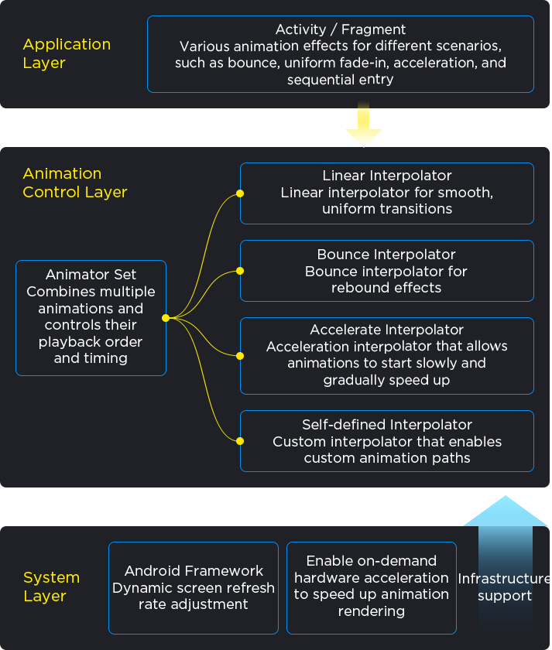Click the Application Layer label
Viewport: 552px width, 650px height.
pyautogui.click(x=67, y=53)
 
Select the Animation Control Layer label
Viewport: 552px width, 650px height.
pyautogui.click(x=75, y=183)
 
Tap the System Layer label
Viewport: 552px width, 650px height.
pyautogui.click(x=51, y=587)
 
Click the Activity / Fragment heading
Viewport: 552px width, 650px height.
pyautogui.click(x=341, y=29)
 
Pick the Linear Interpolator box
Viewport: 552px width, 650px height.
pyautogui.click(x=387, y=193)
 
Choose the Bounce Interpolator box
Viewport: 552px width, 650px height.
pyautogui.click(x=387, y=271)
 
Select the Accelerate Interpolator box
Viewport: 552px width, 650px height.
pyautogui.click(x=387, y=355)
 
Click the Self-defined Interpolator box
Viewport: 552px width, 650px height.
pyautogui.click(x=387, y=441)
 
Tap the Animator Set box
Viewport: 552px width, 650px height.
pyautogui.click(x=91, y=317)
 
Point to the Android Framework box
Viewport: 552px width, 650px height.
pyautogui.click(x=194, y=587)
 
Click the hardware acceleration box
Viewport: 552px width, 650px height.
pyautogui.click(x=372, y=586)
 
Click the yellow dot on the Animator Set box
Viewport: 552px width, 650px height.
pyautogui.click(x=166, y=318)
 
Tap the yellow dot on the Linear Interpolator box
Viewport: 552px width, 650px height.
pyautogui.click(x=240, y=193)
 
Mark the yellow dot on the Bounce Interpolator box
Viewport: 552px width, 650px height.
pyautogui.click(x=240, y=271)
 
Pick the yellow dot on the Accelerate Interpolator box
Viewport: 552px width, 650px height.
pyautogui.click(x=240, y=356)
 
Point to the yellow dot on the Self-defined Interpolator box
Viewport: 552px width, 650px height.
pyautogui.click(x=240, y=441)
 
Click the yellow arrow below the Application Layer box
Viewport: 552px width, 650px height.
pyautogui.click(x=363, y=127)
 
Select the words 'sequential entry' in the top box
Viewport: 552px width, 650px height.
pyautogui.click(x=341, y=80)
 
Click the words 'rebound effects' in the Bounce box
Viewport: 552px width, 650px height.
pyautogui.click(x=386, y=288)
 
